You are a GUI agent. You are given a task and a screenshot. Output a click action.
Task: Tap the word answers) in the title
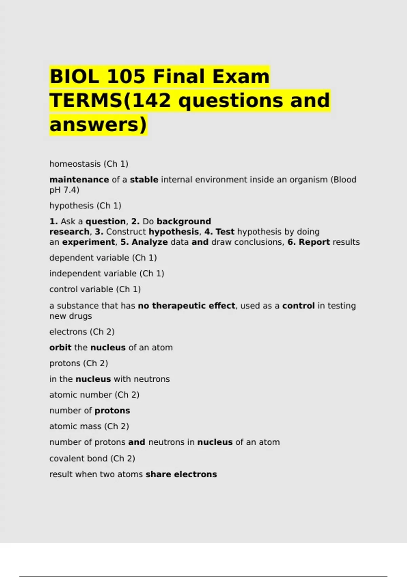click(x=98, y=124)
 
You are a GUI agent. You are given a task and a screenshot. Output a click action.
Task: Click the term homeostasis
click(x=75, y=164)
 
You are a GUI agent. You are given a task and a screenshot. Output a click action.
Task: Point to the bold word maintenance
click(x=79, y=180)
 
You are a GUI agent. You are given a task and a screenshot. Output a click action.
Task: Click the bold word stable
click(x=144, y=180)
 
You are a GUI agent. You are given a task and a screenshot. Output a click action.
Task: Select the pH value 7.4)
click(x=71, y=190)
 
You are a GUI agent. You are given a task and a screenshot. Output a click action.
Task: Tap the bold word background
click(x=184, y=221)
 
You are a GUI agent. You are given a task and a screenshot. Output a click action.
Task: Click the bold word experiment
click(x=89, y=242)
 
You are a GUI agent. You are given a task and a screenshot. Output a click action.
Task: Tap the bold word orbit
click(x=60, y=348)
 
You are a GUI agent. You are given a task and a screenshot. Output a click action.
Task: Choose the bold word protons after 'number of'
click(x=112, y=411)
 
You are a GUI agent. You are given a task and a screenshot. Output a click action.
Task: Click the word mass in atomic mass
click(x=91, y=426)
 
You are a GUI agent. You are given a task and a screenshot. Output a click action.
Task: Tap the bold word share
click(x=158, y=474)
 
